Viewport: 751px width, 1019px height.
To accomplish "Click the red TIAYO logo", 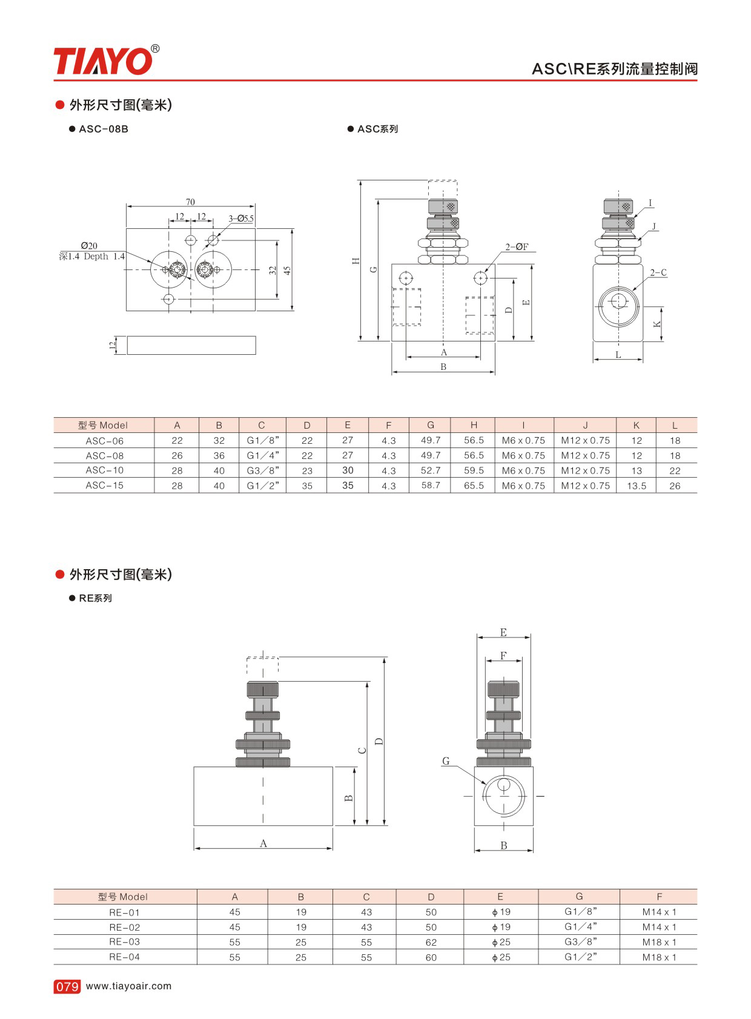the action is (x=107, y=60).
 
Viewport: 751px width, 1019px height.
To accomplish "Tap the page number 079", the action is (x=67, y=986).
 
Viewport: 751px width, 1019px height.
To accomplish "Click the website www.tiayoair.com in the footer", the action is (x=129, y=986).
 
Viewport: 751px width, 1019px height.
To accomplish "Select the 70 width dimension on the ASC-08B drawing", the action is (x=190, y=202).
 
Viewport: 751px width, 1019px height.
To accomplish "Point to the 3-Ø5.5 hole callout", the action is (x=241, y=219).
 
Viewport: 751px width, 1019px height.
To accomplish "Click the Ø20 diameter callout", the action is (x=89, y=246).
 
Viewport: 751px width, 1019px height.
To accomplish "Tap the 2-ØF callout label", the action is (x=517, y=247).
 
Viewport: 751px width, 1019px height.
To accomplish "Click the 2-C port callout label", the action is (x=658, y=272).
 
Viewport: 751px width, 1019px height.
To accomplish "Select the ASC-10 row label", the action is (x=105, y=470).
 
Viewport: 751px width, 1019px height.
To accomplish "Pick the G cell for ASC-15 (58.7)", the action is (x=431, y=486).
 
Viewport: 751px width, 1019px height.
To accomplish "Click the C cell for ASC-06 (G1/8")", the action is (x=263, y=440).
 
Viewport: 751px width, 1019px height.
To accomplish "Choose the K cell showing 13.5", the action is (x=637, y=486).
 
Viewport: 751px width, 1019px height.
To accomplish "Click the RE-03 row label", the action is (x=125, y=942).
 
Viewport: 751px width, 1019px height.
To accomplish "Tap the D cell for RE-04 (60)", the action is (x=431, y=957).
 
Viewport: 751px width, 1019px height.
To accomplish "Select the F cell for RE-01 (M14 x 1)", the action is (x=659, y=912).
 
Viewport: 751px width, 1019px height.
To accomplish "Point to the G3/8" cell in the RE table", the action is (x=581, y=942).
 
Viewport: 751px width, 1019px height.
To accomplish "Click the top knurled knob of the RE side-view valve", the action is (x=263, y=690).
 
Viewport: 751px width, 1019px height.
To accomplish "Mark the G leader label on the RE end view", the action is (x=446, y=760).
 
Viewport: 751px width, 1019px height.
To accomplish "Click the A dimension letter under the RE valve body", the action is (x=263, y=843).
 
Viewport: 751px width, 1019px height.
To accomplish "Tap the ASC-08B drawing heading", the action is (x=104, y=129).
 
